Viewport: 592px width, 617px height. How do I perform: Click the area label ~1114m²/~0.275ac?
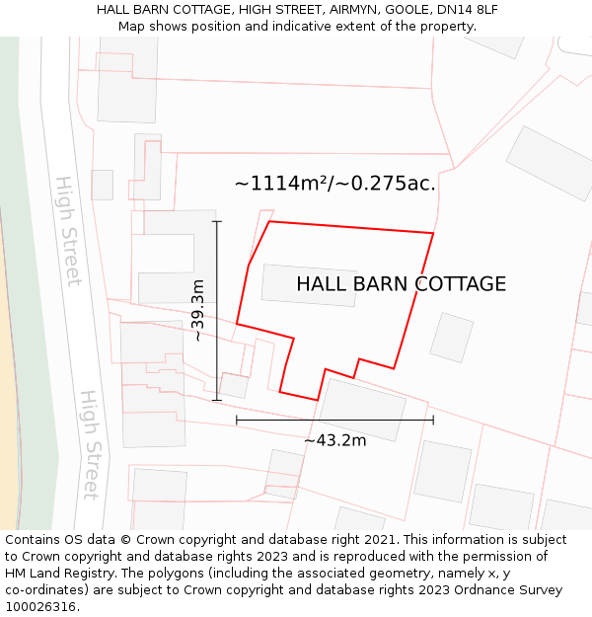point(334,183)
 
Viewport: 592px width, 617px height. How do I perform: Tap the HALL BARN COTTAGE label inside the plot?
point(401,284)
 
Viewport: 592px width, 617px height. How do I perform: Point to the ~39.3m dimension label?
point(198,310)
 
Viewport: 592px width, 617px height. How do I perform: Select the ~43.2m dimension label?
point(334,440)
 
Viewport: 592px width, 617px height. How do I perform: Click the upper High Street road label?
point(68,231)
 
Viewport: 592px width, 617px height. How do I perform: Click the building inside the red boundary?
point(309,285)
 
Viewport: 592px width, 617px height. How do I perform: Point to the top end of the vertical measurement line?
point(217,221)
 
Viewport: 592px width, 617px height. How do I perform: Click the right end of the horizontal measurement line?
point(433,421)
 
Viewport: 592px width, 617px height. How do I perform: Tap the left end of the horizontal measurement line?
point(237,421)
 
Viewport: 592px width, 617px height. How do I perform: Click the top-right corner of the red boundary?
point(433,234)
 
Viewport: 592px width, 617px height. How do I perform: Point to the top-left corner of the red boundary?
point(270,222)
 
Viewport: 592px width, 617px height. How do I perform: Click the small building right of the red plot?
point(452,338)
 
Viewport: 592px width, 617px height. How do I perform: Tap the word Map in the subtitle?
point(133,26)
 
